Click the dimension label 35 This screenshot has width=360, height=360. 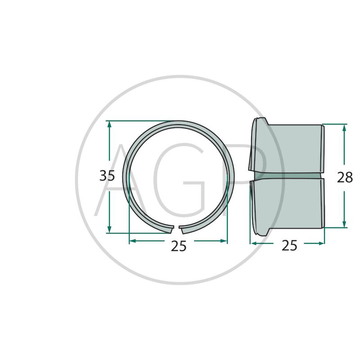click(x=107, y=176)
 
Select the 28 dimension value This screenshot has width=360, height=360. click(x=345, y=177)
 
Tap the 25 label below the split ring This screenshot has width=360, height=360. click(x=179, y=246)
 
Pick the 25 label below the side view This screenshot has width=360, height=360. click(x=289, y=245)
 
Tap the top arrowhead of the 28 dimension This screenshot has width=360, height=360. click(x=344, y=129)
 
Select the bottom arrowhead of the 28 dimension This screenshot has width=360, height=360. click(x=344, y=223)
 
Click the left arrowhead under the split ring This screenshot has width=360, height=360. click(x=134, y=241)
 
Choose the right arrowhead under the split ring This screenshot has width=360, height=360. click(x=223, y=241)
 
